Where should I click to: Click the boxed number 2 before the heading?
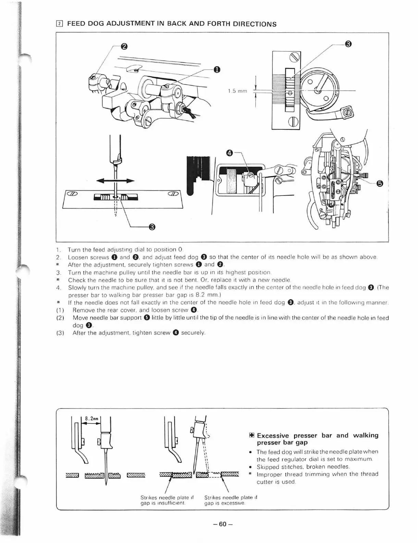coord(59,24)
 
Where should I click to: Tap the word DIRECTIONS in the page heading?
coord(255,24)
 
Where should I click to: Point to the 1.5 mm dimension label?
coord(237,91)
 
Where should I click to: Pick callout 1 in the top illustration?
coord(217,70)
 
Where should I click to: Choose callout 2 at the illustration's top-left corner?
coord(124,46)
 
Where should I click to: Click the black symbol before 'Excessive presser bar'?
coord(251,436)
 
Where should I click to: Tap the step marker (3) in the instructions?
coord(60,333)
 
